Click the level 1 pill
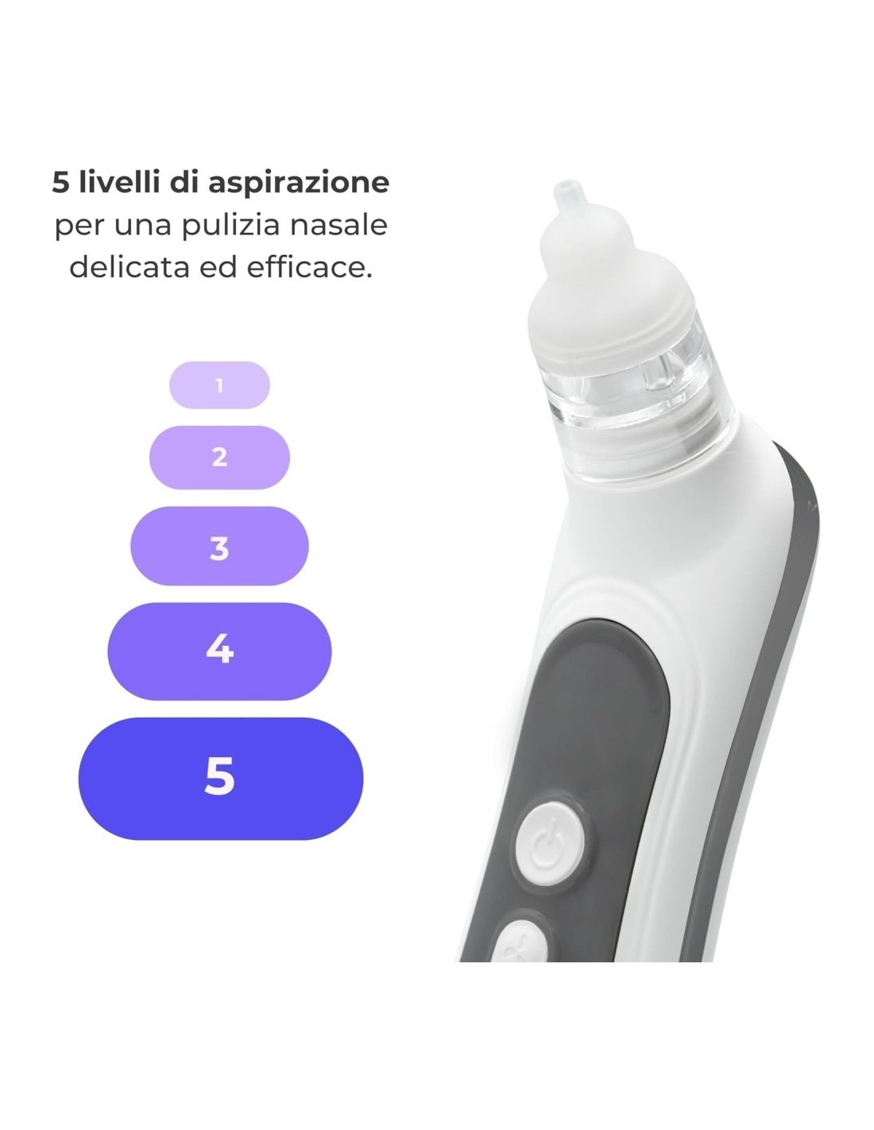[x=219, y=385]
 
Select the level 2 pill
[x=219, y=457]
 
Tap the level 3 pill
[x=219, y=547]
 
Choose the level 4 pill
[x=219, y=650]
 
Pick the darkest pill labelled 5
[x=220, y=777]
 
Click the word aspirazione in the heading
[x=299, y=183]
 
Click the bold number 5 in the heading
[x=60, y=183]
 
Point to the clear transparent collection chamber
[x=636, y=397]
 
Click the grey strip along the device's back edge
[x=783, y=636]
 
